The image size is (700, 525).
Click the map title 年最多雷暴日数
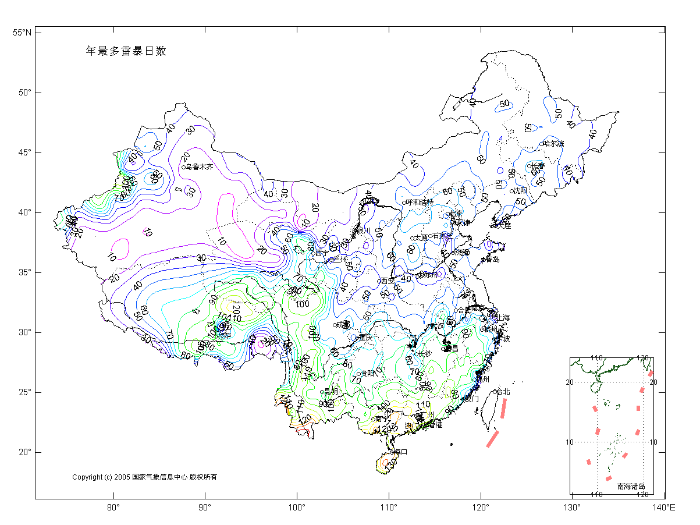tap(126, 51)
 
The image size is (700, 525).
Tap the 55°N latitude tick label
tap(22, 33)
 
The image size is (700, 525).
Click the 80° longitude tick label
tap(113, 508)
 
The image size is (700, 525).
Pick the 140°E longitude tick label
tap(663, 508)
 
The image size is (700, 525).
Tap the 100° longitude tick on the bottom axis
tap(297, 508)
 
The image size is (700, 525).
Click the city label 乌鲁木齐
tap(199, 167)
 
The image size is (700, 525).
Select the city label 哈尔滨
tap(553, 143)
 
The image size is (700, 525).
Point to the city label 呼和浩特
tap(420, 202)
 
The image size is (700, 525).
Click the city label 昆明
tap(331, 391)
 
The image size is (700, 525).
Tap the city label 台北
tap(504, 392)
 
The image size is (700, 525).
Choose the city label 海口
tap(400, 452)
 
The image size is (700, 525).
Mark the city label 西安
tap(388, 281)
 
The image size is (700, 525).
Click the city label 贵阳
tap(368, 373)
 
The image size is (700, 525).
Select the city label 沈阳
tap(520, 191)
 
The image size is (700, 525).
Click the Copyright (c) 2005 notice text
tap(144, 477)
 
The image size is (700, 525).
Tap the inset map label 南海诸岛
tap(631, 486)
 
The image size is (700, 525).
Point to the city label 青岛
tap(492, 259)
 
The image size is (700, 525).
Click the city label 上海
tap(502, 318)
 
